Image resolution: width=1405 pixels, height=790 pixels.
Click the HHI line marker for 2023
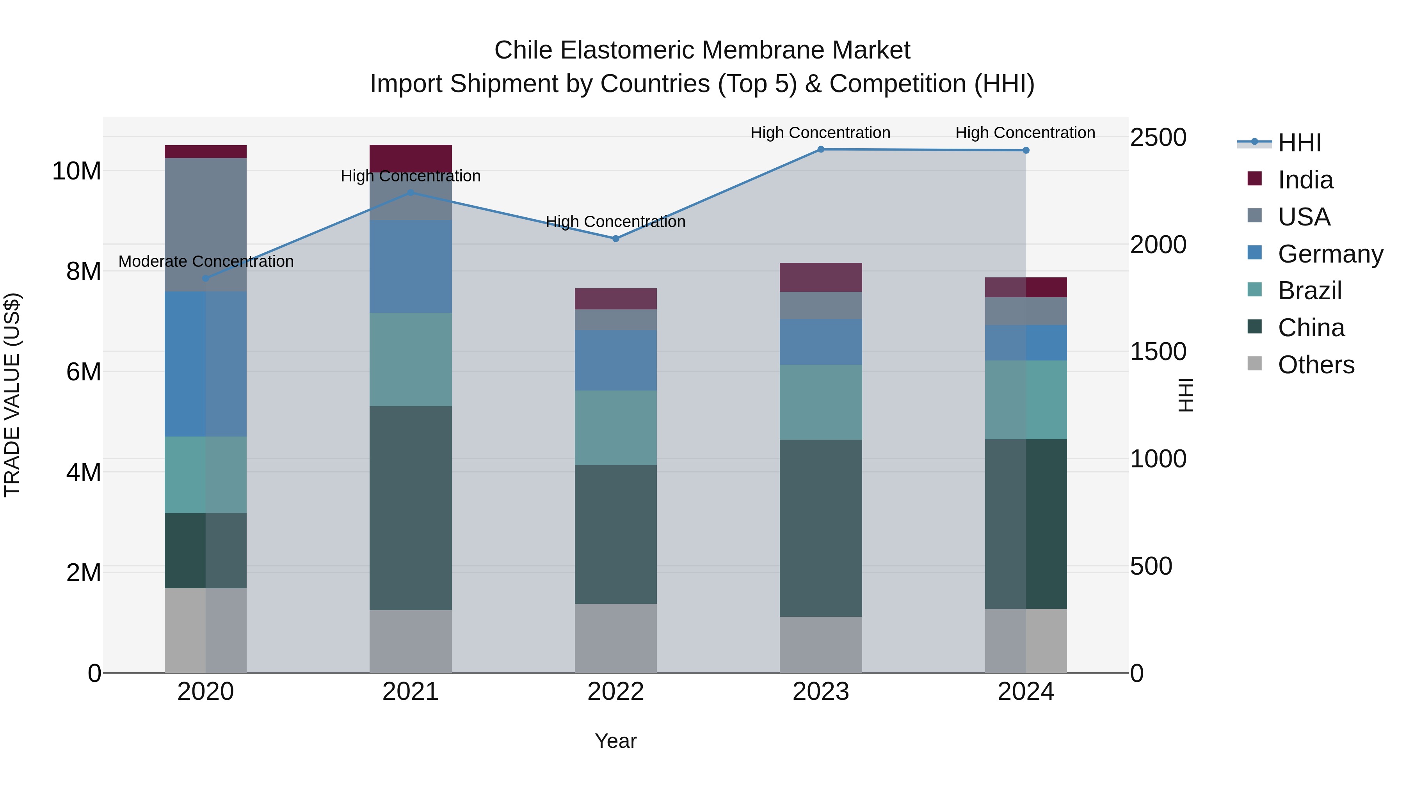click(x=820, y=149)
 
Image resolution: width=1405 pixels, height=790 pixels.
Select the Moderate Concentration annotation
click(x=206, y=262)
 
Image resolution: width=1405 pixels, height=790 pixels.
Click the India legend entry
click(x=1305, y=180)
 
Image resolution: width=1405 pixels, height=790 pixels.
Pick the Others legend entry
click(x=1316, y=365)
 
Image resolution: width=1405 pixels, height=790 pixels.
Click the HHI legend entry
click(x=1299, y=143)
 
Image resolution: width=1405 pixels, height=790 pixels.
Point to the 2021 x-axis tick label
click(x=410, y=692)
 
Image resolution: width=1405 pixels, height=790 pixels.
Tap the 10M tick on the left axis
click(x=76, y=171)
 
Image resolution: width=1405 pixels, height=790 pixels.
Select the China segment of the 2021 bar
click(x=410, y=507)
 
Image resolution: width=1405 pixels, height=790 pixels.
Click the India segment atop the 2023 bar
click(x=820, y=277)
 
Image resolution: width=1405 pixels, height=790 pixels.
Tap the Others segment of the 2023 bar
click(x=820, y=644)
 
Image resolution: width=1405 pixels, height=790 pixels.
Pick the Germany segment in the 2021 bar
click(x=410, y=266)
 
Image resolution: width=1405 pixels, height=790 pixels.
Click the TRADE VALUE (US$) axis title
click(x=12, y=395)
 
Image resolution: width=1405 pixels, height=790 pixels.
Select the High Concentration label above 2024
click(x=1025, y=133)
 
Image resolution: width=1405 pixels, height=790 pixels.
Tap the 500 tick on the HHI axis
click(x=1151, y=566)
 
